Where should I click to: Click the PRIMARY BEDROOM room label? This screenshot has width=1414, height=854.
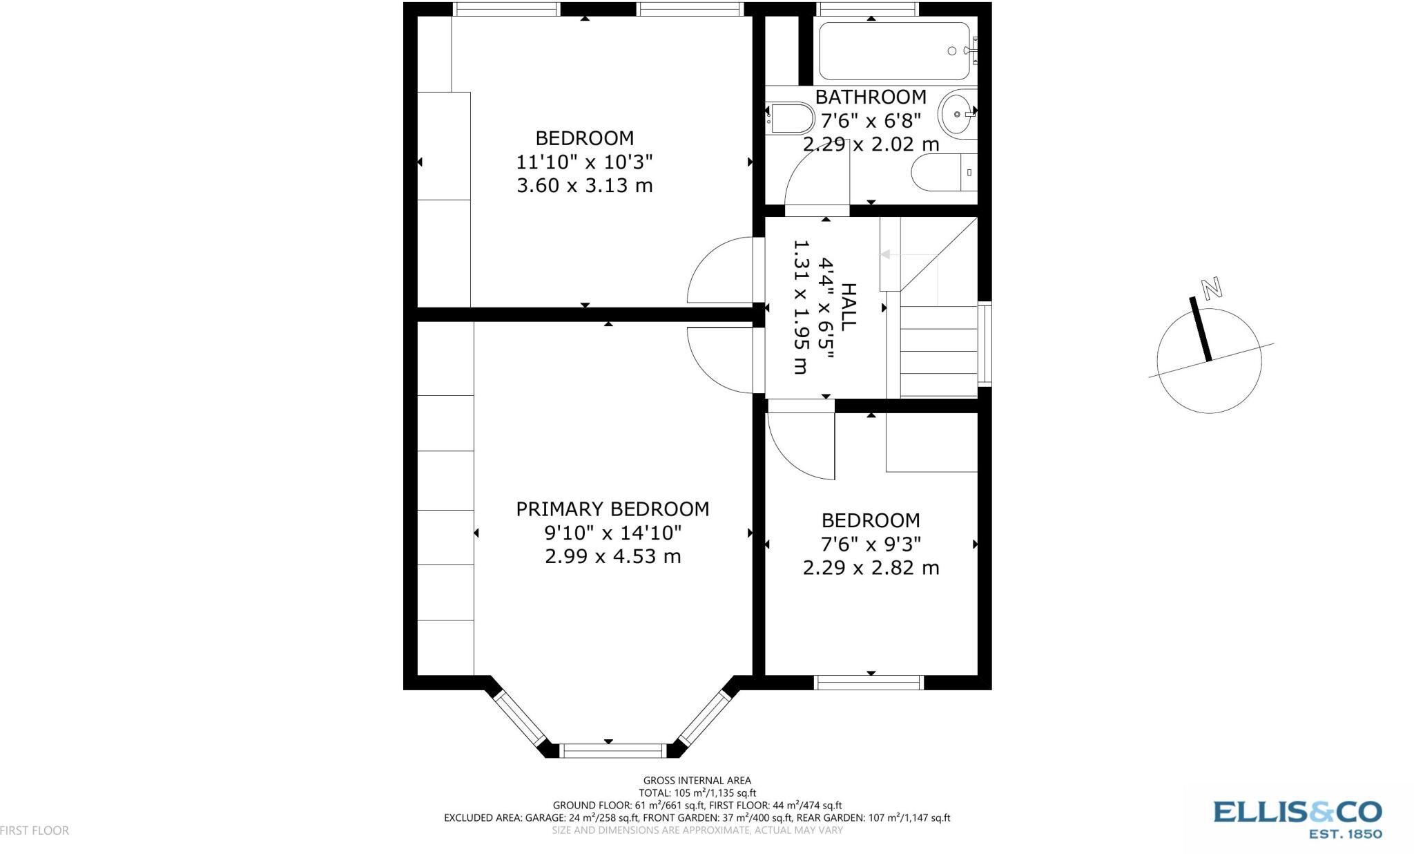tap(612, 509)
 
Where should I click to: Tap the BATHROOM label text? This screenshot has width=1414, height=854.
tap(871, 97)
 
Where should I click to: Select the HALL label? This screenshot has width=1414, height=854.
tap(847, 306)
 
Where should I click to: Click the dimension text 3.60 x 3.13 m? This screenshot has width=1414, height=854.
tap(585, 186)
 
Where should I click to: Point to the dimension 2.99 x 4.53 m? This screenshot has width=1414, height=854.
tap(613, 556)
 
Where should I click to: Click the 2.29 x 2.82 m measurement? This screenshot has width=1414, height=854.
tap(871, 568)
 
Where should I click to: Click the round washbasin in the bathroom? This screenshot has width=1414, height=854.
tap(958, 113)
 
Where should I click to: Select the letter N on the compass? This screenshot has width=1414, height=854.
tap(1212, 288)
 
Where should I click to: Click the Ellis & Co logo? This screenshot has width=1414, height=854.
tap(1298, 819)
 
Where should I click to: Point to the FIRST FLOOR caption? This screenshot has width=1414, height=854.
tap(35, 831)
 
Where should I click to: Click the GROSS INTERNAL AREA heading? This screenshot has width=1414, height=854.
tap(697, 781)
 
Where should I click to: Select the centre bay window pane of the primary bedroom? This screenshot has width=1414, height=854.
tap(612, 750)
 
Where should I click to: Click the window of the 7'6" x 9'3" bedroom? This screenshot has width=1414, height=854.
tap(869, 683)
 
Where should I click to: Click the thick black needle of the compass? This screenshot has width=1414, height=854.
tap(1200, 329)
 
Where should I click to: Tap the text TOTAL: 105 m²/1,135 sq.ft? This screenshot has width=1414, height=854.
tap(697, 793)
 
